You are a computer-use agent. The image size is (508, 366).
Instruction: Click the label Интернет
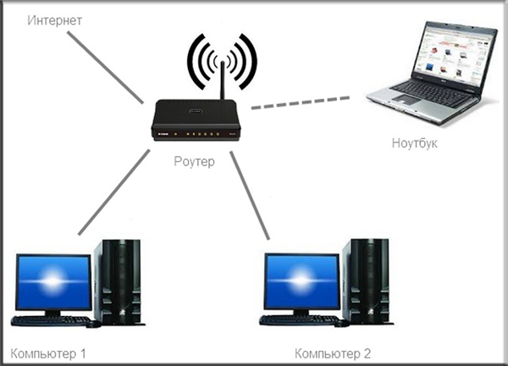coord(54,20)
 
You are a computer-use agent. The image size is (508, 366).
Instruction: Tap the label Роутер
coord(194,162)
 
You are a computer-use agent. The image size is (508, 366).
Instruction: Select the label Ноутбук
coord(414,143)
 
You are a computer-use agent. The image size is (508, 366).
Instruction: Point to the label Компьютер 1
coord(48,353)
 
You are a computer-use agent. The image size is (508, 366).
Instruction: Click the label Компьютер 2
coord(333,353)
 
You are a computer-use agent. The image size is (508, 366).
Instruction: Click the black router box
coord(196,120)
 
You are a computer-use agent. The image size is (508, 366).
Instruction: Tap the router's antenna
coord(223,80)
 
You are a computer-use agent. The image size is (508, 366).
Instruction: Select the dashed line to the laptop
coord(301,103)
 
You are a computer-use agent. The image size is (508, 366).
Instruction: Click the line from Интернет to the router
coord(105,68)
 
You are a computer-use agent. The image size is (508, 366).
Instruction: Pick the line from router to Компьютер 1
coord(114,192)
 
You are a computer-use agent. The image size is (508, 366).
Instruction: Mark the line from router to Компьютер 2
coord(250,196)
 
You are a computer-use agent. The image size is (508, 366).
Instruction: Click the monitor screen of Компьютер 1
coord(54,282)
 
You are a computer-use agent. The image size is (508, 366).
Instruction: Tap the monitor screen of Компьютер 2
coord(302,280)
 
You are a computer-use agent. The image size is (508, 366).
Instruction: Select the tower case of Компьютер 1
coord(119,282)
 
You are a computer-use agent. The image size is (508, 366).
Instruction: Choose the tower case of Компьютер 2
coord(367,281)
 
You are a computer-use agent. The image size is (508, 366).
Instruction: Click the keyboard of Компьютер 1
coord(52,321)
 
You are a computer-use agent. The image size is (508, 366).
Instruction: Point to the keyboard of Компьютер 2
coord(300,320)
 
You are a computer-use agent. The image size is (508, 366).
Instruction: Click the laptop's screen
coord(455,55)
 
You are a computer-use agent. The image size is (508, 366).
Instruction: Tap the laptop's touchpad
coord(406,99)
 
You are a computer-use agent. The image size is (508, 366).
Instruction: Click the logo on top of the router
coord(195,110)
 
